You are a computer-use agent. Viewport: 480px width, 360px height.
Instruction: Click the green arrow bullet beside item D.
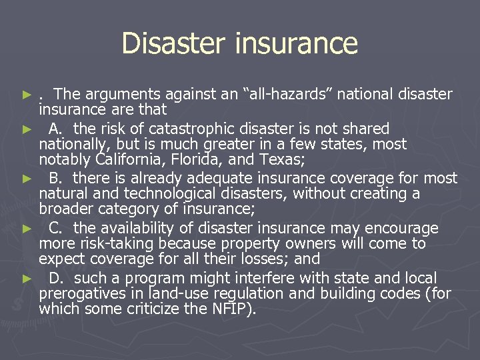point(27,278)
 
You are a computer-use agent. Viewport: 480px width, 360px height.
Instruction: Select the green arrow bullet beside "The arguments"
point(27,95)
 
